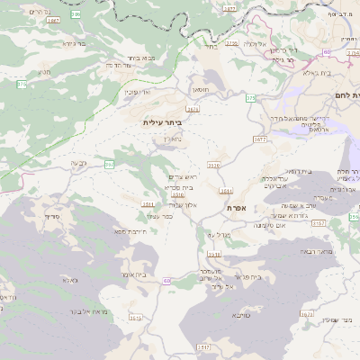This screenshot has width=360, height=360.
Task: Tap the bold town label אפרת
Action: click(x=237, y=208)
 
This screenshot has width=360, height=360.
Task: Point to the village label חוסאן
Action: click(x=200, y=90)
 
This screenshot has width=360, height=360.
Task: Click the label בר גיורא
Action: click(x=74, y=42)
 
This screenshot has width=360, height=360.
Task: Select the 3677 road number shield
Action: click(x=260, y=139)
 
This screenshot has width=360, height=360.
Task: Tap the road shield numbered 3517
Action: click(x=204, y=346)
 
